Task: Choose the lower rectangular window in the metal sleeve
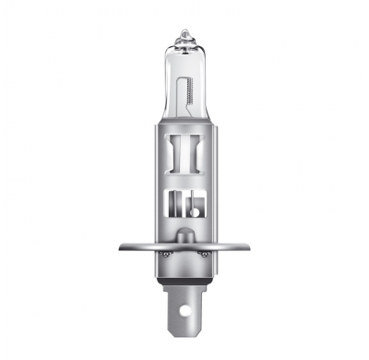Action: click(184, 206)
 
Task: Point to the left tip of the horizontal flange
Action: click(121, 247)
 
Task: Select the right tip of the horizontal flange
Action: click(248, 247)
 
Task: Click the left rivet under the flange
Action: click(164, 253)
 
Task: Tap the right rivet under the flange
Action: click(205, 253)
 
